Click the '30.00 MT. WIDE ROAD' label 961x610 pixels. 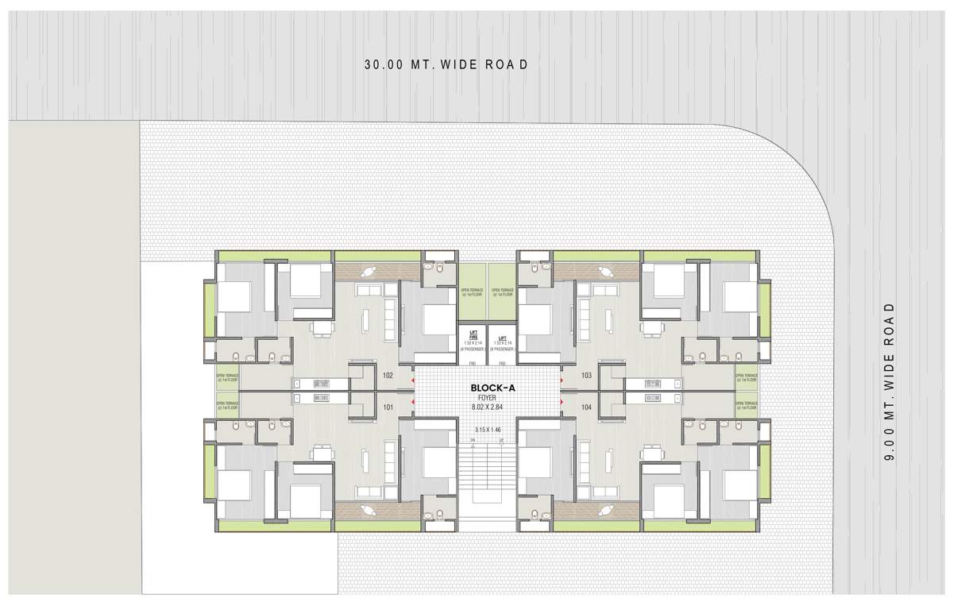(x=446, y=65)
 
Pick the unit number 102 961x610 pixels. (x=388, y=375)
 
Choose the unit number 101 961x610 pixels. (x=388, y=407)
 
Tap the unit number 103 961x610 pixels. (x=587, y=375)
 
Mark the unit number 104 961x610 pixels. (x=587, y=407)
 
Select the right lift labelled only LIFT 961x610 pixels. (x=502, y=340)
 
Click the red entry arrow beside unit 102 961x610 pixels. (x=411, y=380)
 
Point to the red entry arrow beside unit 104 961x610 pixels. (x=562, y=402)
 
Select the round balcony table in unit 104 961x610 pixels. (x=606, y=511)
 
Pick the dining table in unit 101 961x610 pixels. (x=321, y=454)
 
